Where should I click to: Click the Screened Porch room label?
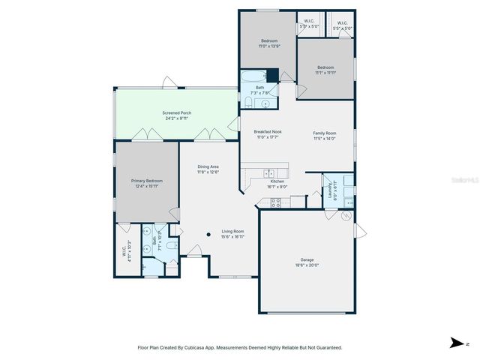176,112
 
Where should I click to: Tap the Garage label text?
307,259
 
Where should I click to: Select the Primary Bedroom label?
147,181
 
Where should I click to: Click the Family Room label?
325,133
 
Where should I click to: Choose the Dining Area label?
208,166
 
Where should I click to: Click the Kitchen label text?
277,181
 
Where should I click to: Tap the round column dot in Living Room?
209,234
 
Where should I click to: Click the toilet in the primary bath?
171,245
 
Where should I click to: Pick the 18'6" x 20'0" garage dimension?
307,265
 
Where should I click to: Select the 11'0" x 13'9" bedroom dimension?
269,46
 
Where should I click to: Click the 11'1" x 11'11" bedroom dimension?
325,73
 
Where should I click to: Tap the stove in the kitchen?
275,201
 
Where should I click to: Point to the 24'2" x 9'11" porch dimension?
176,118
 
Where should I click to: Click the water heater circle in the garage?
346,216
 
